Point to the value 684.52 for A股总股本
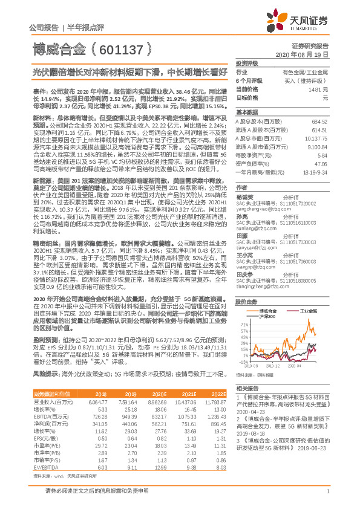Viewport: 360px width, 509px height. (x=318, y=122)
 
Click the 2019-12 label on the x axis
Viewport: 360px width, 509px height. (x=272, y=366)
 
